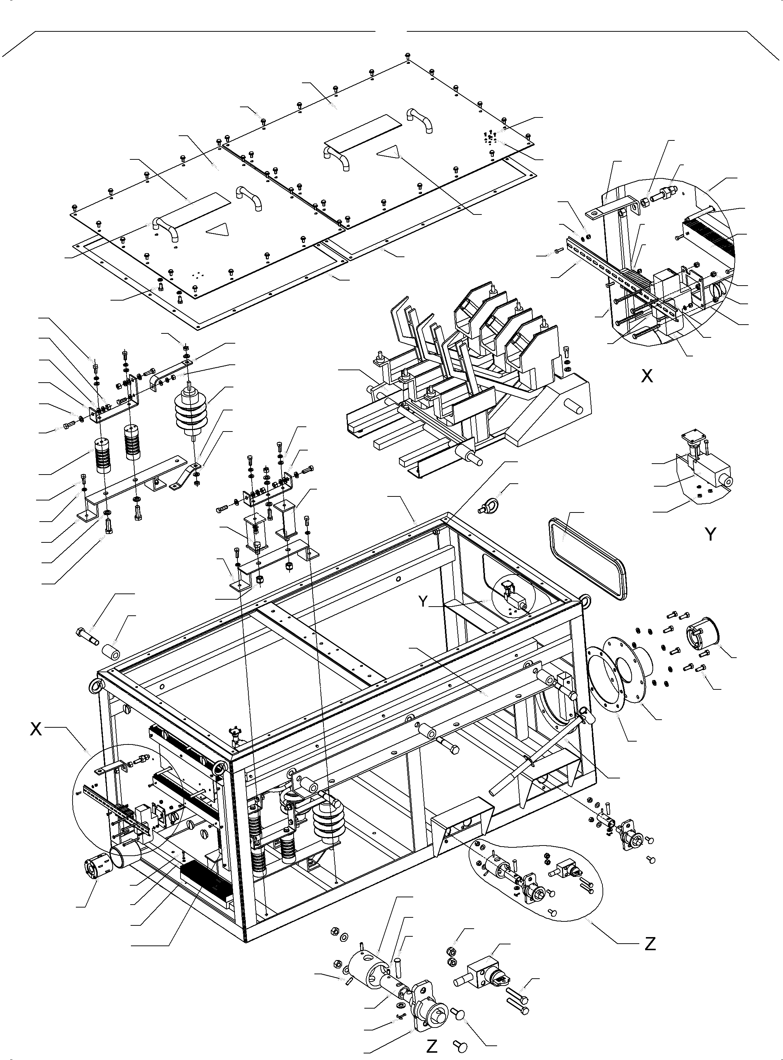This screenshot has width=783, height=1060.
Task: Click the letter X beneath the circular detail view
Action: point(647,376)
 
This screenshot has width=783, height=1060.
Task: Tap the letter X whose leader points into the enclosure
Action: point(36,730)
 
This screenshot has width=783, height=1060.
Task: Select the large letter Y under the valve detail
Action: point(710,535)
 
